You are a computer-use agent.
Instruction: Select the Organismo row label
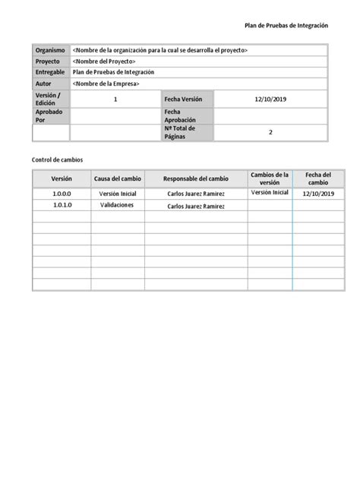(x=51, y=50)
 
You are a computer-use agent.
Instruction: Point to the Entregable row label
(x=51, y=72)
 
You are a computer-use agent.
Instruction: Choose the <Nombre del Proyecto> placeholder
(x=103, y=62)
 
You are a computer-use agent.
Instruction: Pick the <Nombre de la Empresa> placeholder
(x=106, y=84)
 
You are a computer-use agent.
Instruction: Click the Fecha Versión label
(x=184, y=99)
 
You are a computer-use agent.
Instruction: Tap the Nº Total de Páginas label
(x=181, y=132)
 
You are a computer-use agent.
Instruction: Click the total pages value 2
(x=270, y=132)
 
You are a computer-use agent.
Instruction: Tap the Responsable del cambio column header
(x=195, y=178)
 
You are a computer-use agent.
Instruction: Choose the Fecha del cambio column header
(x=318, y=178)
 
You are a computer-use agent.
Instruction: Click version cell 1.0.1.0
(x=62, y=205)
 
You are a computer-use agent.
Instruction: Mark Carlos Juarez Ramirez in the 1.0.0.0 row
(x=195, y=194)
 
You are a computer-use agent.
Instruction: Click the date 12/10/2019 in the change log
(x=318, y=194)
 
